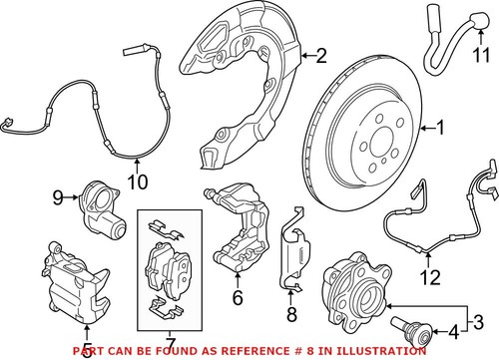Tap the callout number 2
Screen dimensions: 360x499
(x=320, y=56)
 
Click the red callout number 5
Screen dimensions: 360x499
(x=88, y=350)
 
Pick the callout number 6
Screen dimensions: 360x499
(x=238, y=296)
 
